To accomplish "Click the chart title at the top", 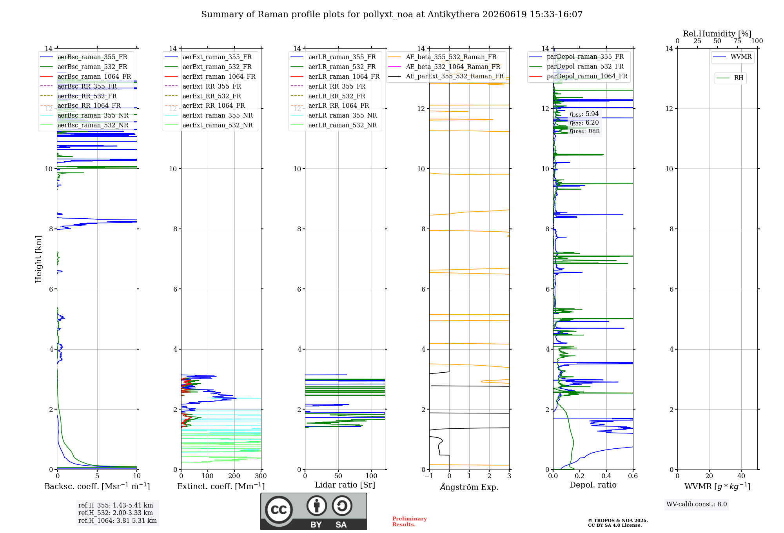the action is click(392, 15).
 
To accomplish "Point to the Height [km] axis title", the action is click(38, 259).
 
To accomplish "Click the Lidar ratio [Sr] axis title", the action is click(345, 485).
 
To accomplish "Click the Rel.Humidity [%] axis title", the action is click(717, 34).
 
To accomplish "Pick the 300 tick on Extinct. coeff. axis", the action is click(261, 476).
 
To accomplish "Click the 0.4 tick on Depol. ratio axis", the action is click(606, 476).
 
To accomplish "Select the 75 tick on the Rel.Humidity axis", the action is click(737, 41).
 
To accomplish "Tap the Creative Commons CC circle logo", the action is click(279, 509).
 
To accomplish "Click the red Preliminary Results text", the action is click(410, 522).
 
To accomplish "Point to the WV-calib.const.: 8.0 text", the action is click(697, 504).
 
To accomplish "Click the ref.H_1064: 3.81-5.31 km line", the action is click(118, 521).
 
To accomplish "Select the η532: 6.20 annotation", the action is click(584, 123).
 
